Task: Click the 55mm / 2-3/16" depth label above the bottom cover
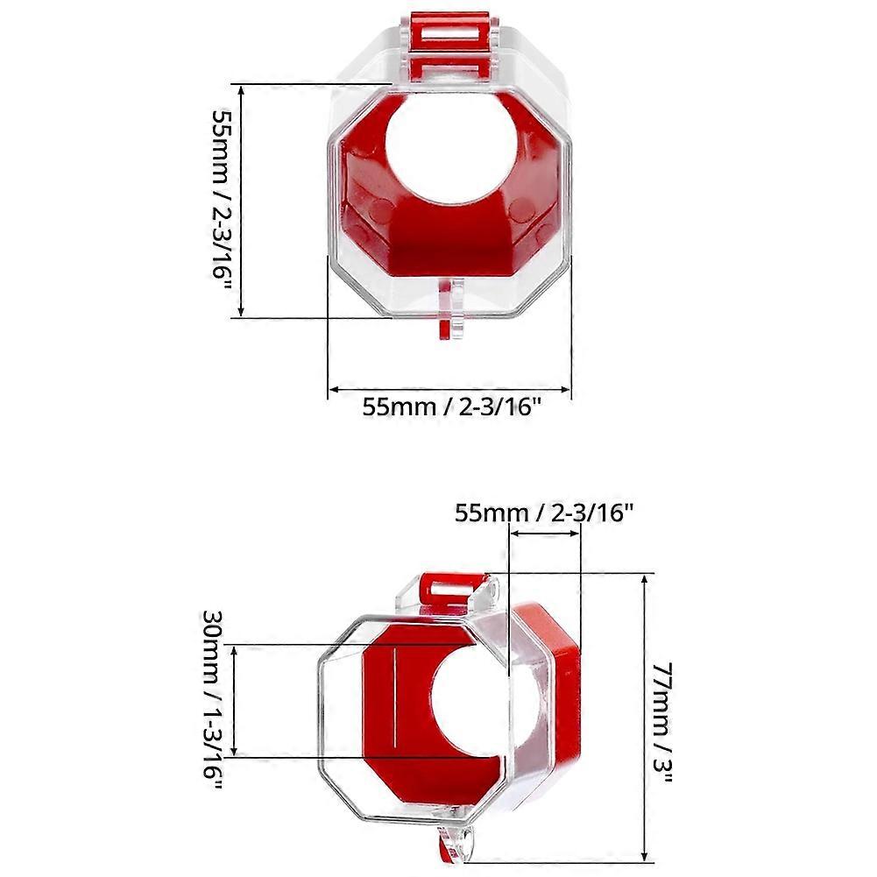click(543, 513)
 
